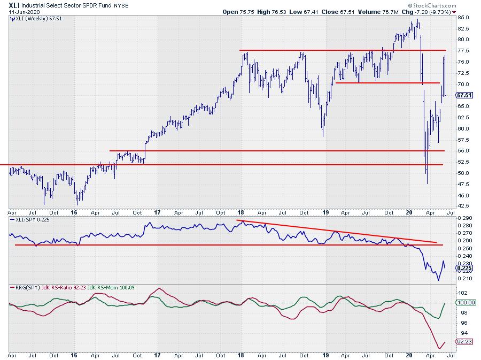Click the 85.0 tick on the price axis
click(463, 17)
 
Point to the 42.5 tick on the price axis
click(463, 206)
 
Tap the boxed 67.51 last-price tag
click(463, 95)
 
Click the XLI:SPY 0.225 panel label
click(32, 219)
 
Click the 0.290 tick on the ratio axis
click(464, 218)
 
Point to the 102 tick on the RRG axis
click(462, 293)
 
